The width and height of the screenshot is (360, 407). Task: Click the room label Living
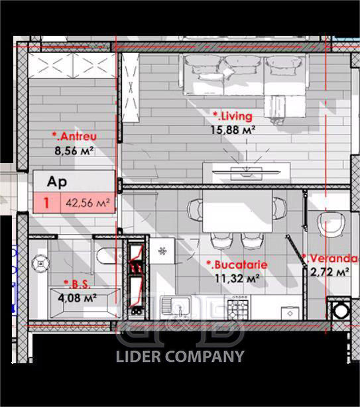233,116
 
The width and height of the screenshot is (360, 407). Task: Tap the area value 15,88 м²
233,130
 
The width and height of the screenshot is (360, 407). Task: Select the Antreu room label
74,137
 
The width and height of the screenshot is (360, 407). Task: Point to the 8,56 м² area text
74,150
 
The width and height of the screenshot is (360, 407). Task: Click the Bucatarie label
237,264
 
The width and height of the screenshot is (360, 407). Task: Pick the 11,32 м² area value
237,278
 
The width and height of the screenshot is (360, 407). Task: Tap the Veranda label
331,259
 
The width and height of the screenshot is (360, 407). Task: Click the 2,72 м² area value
330,272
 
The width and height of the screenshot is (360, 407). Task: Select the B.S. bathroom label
78,284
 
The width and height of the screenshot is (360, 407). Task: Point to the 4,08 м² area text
78,298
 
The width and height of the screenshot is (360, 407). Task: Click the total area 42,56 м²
88,203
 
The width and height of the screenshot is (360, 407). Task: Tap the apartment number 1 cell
46,203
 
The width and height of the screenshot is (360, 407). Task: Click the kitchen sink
176,307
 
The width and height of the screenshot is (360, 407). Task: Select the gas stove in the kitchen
238,308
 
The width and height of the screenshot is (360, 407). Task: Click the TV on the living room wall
246,172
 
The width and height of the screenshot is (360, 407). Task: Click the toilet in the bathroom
107,256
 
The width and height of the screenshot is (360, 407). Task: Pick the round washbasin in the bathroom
40,263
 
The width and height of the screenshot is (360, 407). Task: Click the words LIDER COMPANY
180,357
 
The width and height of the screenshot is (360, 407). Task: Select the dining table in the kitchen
237,211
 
